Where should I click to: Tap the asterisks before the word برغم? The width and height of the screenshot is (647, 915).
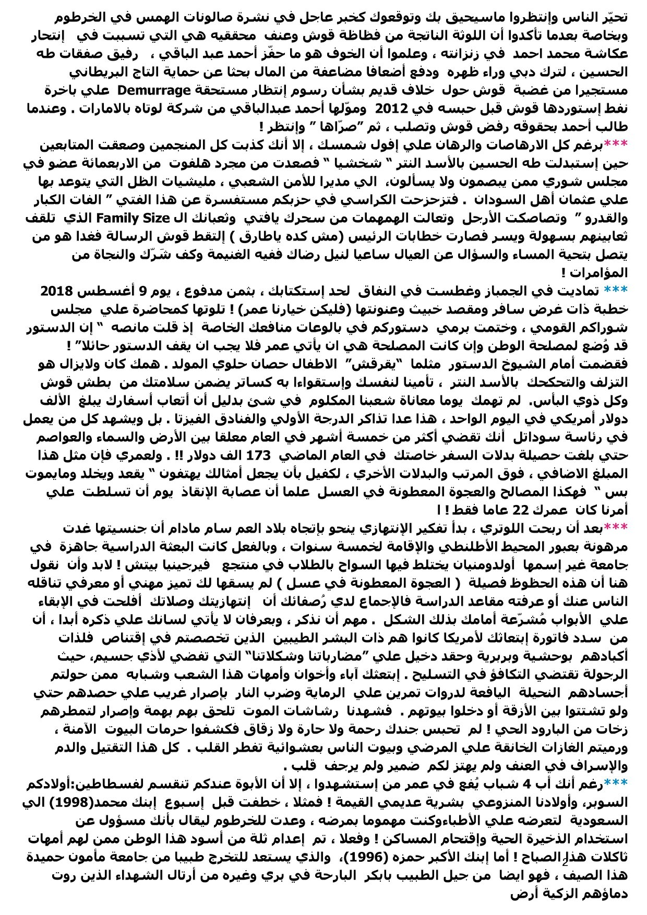(x=615, y=145)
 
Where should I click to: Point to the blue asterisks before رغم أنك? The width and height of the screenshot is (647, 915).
(x=615, y=784)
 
